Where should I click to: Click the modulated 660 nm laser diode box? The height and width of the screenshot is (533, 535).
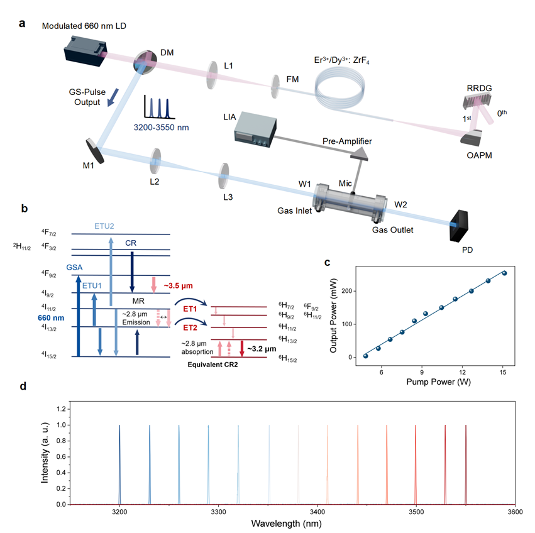pyautogui.click(x=86, y=49)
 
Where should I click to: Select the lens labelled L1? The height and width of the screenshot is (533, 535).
pyautogui.click(x=213, y=70)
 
